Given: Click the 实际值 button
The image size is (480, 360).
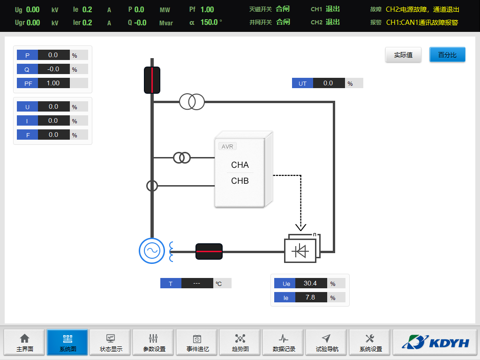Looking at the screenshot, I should (x=403, y=55).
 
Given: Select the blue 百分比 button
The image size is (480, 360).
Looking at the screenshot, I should (x=447, y=55).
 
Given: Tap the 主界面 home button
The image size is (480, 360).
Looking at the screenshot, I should (x=24, y=343).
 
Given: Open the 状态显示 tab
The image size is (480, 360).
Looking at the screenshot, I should (x=111, y=343).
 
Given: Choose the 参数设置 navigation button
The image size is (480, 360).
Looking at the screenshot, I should (x=154, y=343).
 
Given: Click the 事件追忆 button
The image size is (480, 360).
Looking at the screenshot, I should (x=197, y=343).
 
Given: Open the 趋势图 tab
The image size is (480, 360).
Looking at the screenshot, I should (x=240, y=343).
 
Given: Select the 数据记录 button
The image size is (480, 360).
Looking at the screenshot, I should (x=284, y=343).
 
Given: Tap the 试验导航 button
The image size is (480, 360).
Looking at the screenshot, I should (x=327, y=343).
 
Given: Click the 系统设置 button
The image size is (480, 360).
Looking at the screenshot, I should (x=370, y=343).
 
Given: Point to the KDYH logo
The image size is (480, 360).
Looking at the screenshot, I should (x=435, y=343).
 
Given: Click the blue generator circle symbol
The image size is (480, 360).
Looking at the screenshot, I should (x=152, y=251).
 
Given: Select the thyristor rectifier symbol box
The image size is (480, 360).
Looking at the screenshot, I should (x=300, y=251).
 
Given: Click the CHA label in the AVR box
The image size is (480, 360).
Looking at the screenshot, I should (x=240, y=165).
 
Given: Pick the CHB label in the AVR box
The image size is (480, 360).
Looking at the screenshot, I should (x=240, y=181).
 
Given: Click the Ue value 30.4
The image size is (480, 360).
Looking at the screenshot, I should (x=310, y=283).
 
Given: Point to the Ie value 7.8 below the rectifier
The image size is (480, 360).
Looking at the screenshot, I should (x=310, y=297).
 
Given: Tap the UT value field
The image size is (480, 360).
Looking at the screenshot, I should (x=328, y=83).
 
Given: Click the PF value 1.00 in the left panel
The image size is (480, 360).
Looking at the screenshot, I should (x=53, y=83).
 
